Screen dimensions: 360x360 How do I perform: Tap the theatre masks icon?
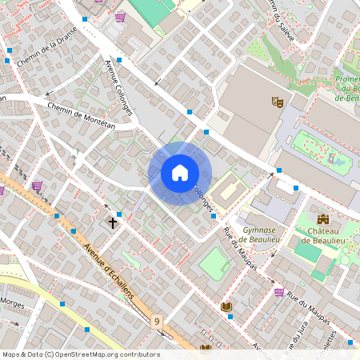(278, 102)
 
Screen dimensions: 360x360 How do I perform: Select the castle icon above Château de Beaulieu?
(323, 219)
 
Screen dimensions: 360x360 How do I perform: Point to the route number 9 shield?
(157, 321)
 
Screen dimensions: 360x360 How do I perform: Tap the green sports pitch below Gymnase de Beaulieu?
(214, 263)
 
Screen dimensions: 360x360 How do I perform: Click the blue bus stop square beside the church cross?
(119, 214)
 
